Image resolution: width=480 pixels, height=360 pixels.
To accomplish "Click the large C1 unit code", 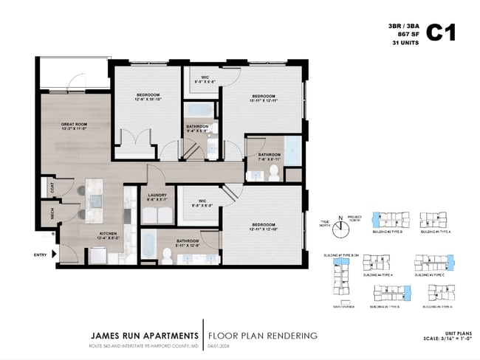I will click(442, 33).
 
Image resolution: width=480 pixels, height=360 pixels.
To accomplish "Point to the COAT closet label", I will click(52, 187).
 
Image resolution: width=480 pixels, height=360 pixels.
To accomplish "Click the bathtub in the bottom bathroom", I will click(148, 246).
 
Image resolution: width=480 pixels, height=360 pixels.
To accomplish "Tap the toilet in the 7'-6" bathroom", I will click(272, 172).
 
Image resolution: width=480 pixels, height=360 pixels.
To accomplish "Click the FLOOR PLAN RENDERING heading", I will click(263, 336).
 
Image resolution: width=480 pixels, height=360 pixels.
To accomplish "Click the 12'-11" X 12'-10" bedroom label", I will click(263, 228).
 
